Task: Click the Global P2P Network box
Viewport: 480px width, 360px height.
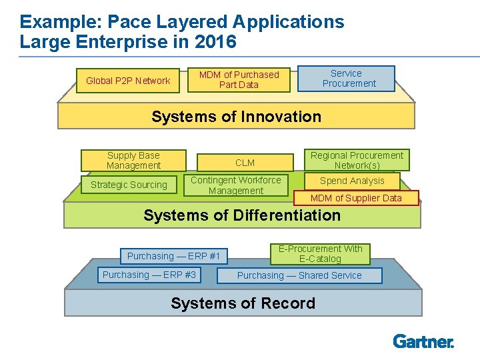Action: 128,81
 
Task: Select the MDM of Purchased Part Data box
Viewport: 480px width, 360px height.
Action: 239,80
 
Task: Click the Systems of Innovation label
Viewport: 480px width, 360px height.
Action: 236,117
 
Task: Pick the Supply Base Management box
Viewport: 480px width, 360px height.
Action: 133,161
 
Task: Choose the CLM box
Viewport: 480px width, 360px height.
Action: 245,163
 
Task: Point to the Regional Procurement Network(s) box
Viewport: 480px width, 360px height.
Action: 357,161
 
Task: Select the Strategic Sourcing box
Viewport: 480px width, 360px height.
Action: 129,185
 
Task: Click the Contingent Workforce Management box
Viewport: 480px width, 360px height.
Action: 236,185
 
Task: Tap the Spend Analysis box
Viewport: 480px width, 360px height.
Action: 352,181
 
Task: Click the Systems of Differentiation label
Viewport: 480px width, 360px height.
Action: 242,215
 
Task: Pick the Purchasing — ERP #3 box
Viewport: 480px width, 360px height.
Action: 149,275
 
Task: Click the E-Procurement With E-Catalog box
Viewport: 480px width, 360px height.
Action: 320,254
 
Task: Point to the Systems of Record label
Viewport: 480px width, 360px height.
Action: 243,303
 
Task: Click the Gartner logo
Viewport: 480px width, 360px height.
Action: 423,341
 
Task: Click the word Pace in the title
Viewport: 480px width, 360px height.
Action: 129,21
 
